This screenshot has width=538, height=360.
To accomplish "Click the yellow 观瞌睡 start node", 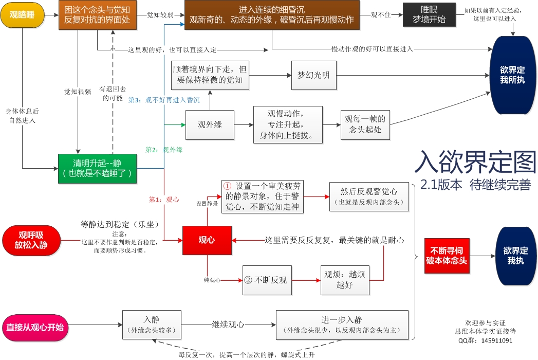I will pyautogui.click(x=23, y=15).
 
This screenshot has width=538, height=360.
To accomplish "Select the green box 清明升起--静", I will pyautogui.click(x=97, y=168).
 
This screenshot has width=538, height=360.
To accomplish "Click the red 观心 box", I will pyautogui.click(x=207, y=240).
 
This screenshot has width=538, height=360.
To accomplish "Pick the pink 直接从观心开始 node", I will pyautogui.click(x=35, y=328).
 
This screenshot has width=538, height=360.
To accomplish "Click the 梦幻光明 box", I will pyautogui.click(x=313, y=75).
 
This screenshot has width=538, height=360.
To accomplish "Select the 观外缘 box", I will pyautogui.click(x=210, y=124).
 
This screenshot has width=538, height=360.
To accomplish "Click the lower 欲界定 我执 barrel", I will pyautogui.click(x=515, y=256).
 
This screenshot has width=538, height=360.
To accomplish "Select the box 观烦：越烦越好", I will pyautogui.click(x=345, y=280).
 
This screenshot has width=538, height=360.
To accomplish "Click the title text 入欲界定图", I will pyautogui.click(x=475, y=163).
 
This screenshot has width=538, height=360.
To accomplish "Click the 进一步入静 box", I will pyautogui.click(x=342, y=325).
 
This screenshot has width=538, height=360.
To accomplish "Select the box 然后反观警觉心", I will pyautogui.click(x=369, y=196).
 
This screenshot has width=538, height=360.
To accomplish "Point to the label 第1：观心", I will pyautogui.click(x=164, y=199).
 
